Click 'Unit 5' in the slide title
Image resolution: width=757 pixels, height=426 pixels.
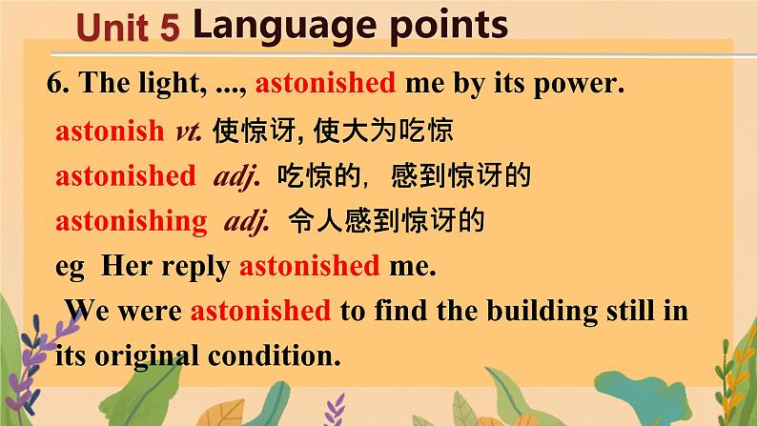[128, 27]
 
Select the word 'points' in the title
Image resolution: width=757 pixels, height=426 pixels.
[448, 26]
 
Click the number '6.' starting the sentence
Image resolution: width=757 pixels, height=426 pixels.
[58, 83]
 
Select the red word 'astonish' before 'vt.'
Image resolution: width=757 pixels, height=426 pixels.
[110, 131]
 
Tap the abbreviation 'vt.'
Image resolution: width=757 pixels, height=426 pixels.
[189, 132]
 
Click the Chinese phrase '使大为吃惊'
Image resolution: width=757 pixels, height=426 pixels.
[384, 131]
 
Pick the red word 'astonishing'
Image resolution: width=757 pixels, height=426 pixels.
[132, 221]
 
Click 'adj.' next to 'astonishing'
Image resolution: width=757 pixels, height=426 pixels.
[246, 222]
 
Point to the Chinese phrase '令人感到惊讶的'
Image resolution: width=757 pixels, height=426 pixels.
[386, 220]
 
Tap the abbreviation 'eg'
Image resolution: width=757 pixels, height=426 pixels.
[70, 268]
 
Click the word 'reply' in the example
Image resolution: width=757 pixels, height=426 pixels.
[195, 267]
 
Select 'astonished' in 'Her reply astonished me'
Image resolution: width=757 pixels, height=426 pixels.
[310, 266]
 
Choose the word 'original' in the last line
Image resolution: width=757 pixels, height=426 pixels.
[146, 357]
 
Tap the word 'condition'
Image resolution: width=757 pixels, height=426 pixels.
[272, 356]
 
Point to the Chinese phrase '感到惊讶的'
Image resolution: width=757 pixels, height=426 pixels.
[461, 175]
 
